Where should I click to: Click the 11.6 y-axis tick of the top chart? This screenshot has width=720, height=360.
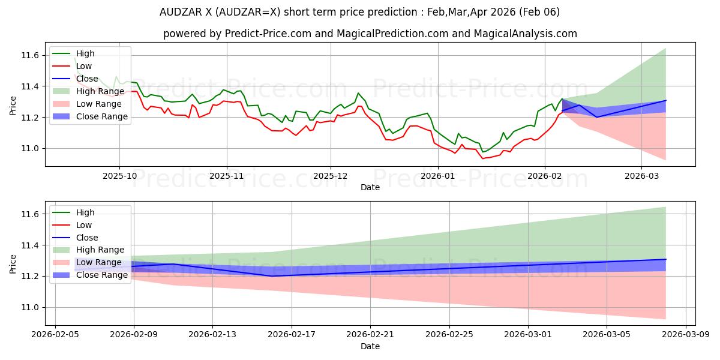tap(30, 55)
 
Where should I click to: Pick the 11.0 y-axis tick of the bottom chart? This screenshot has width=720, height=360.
tap(30, 307)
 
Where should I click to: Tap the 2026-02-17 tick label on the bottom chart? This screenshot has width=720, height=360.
tap(291, 334)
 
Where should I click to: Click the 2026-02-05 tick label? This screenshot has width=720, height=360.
tap(55, 334)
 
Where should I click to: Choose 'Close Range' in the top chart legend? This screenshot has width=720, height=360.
tap(101, 116)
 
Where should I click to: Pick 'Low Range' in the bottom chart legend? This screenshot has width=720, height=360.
tap(100, 262)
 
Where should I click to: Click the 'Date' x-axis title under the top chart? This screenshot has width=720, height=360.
tap(370, 187)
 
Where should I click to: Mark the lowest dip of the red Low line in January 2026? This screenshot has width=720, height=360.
tap(482, 158)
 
